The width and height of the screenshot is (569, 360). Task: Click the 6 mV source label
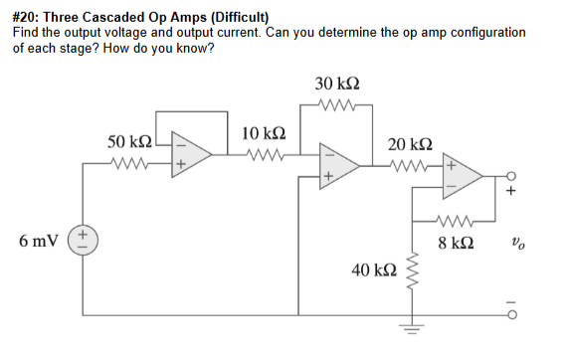pyautogui.click(x=38, y=241)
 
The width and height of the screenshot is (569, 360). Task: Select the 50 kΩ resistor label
pyautogui.click(x=130, y=143)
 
